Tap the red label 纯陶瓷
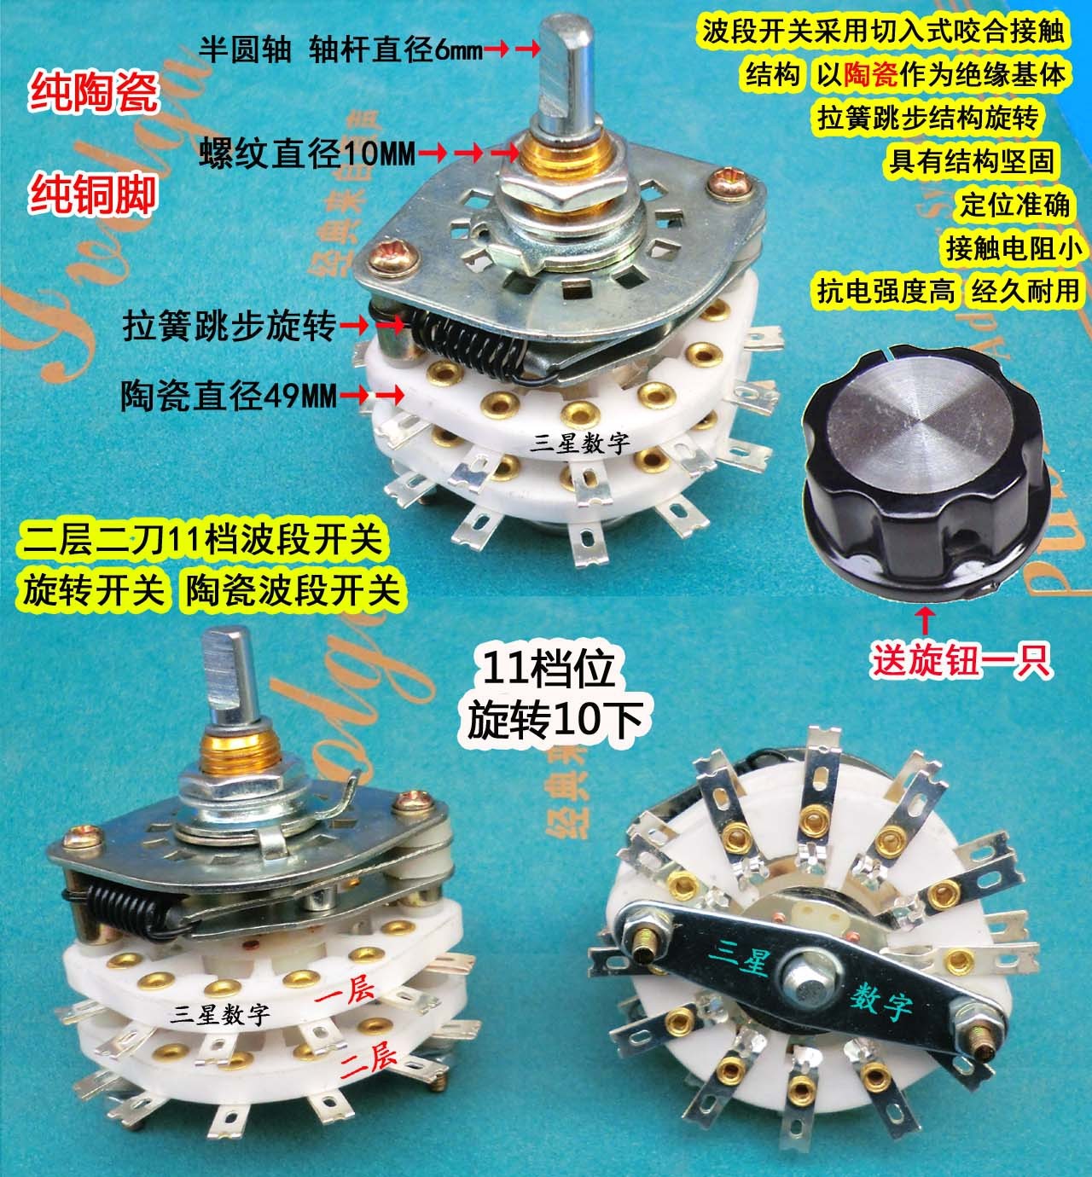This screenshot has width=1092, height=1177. [x=94, y=96]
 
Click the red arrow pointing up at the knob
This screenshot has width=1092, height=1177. [x=922, y=617]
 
